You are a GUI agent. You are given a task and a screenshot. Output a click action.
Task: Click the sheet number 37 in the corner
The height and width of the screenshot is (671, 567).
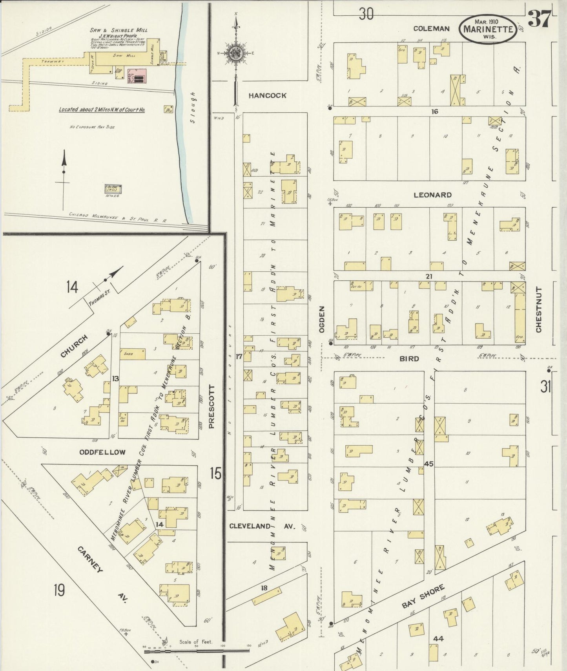tap(539, 19)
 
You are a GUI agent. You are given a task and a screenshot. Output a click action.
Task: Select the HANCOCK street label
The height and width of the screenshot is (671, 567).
tap(267, 95)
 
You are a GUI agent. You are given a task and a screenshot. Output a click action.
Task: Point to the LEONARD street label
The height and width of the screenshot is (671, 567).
tap(432, 195)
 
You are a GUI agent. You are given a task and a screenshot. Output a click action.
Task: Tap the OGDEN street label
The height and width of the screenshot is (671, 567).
tap(322, 320)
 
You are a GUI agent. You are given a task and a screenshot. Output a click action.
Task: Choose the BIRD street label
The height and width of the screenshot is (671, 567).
tap(409, 358)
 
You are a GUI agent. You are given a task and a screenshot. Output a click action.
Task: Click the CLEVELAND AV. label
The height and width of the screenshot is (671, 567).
tap(262, 526)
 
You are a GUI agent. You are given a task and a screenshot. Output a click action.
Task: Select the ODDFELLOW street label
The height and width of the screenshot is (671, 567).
tap(102, 452)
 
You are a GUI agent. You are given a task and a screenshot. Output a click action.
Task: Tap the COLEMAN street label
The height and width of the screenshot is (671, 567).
tap(431, 28)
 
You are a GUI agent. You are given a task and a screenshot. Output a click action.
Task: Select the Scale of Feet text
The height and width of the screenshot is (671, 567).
tap(196, 642)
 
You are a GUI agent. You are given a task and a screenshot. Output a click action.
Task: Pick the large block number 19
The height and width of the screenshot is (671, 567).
tap(59, 590)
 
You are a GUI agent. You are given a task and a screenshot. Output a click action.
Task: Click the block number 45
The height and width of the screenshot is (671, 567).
tap(428, 464)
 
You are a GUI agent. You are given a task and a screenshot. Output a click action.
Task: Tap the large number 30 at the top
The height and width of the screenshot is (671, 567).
tap(366, 14)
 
